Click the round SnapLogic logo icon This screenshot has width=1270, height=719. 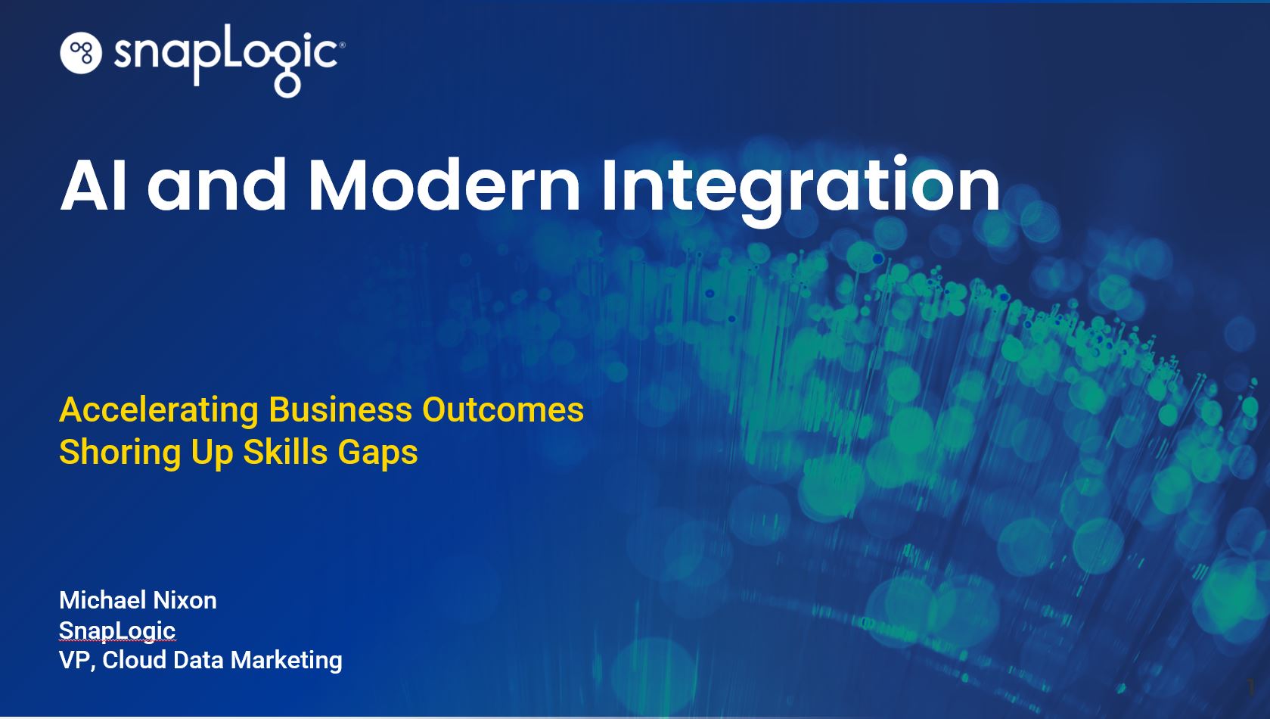[80, 53]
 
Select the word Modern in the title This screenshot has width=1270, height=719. [444, 185]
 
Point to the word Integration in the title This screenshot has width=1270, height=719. [800, 189]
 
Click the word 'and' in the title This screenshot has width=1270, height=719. [217, 185]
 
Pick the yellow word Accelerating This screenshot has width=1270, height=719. [159, 411]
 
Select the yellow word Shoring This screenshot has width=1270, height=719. [120, 453]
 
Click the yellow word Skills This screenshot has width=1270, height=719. [286, 453]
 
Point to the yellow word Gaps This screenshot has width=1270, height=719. [377, 453]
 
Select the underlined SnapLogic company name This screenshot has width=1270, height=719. [117, 631]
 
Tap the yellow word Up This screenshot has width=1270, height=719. [212, 453]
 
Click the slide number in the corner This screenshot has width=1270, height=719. [1251, 686]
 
